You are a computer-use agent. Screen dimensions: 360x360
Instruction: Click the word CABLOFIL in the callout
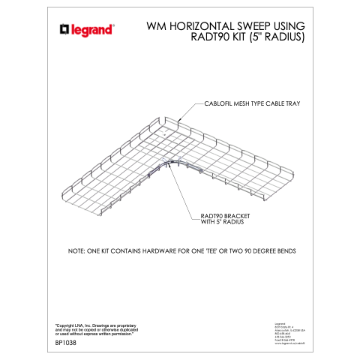click(x=218, y=103)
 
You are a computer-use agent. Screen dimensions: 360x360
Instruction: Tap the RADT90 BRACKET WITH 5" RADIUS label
click(x=224, y=219)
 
